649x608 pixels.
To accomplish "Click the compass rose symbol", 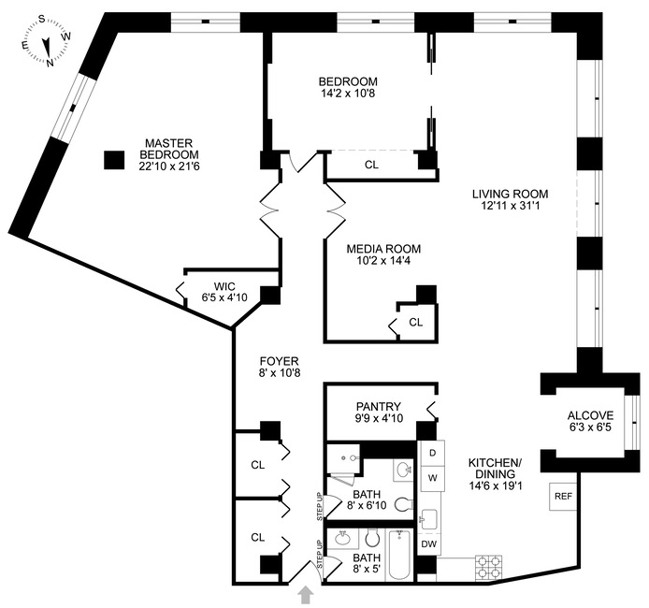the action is pos(47,40).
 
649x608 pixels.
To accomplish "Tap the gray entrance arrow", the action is pos(306,595).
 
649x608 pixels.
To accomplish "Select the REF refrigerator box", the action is pos(563,497).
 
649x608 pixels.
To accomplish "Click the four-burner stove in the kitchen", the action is pos(489,567).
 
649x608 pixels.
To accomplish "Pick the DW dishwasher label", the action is pos(429,543).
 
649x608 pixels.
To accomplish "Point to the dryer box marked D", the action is pos(433,454).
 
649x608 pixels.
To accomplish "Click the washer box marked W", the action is pos(433,478).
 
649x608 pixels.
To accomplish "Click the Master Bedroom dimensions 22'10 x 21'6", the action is pos(169,166).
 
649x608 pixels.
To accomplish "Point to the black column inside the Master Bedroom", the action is pos(114,160).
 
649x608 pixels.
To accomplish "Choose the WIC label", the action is pos(224,286).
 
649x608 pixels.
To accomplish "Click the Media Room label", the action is pos(383,249).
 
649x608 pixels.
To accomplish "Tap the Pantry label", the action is pos(379,407).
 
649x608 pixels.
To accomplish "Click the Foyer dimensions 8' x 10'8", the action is pos(280,372).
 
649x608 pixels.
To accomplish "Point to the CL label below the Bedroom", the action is pos(371,165).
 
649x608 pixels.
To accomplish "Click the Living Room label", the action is pos(511,194).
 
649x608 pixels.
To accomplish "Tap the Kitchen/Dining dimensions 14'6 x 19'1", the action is pos(496,485).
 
